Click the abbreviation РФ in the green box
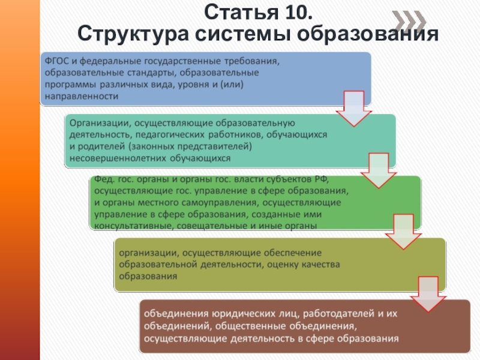point(321,180)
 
